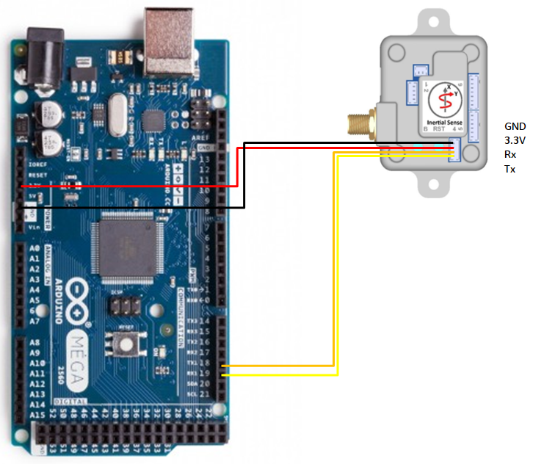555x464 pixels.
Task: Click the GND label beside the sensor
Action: coord(515,126)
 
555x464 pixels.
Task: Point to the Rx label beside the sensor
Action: coord(510,155)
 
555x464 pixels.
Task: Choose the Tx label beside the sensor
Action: coord(509,170)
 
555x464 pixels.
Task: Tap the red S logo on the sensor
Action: coord(443,99)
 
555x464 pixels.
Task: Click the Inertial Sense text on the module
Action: coord(443,120)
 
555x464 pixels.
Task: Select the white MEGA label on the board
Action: coord(76,360)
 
